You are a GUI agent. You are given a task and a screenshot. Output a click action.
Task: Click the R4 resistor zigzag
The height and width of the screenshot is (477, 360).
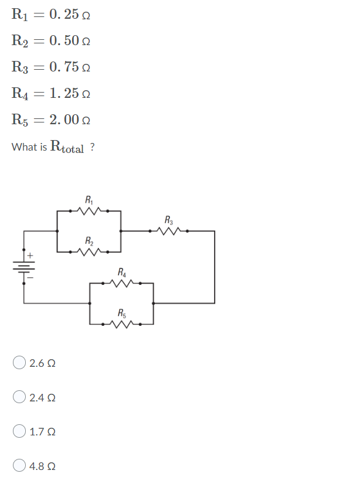121,283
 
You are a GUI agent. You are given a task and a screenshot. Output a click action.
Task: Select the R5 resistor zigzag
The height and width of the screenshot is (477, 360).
121,323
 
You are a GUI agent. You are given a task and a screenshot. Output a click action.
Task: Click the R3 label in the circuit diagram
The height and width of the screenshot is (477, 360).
169,220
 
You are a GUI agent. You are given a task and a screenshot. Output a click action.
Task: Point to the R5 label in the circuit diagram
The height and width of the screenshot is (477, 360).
121,312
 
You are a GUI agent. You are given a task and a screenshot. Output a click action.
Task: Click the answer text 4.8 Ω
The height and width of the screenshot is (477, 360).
42,466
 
